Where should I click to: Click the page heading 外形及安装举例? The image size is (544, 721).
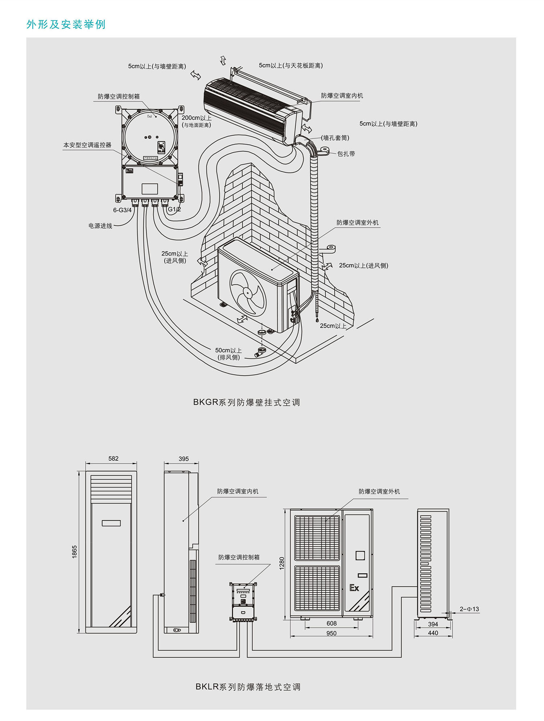click(66, 24)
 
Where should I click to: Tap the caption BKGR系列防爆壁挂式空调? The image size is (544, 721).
click(246, 402)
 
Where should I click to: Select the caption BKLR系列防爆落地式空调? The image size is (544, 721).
click(248, 687)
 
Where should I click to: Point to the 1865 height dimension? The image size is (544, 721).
click(74, 552)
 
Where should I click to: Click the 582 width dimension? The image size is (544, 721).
click(113, 459)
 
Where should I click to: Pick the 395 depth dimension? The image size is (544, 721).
click(184, 459)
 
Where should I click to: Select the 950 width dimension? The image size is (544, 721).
click(331, 633)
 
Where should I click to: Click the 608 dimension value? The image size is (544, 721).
click(331, 623)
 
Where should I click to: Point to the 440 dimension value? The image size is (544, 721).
click(433, 633)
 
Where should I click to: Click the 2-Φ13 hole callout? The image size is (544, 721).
click(469, 609)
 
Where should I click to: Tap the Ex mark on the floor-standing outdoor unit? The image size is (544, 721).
click(354, 588)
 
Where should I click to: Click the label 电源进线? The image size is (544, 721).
click(100, 226)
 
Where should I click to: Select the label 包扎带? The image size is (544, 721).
click(346, 154)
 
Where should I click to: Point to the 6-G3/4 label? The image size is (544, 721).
click(122, 210)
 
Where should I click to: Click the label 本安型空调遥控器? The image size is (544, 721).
click(87, 145)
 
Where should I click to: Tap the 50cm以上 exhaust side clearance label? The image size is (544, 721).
click(228, 353)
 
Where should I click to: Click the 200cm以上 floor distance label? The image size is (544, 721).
click(196, 121)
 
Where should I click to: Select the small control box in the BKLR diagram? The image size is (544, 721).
click(243, 602)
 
